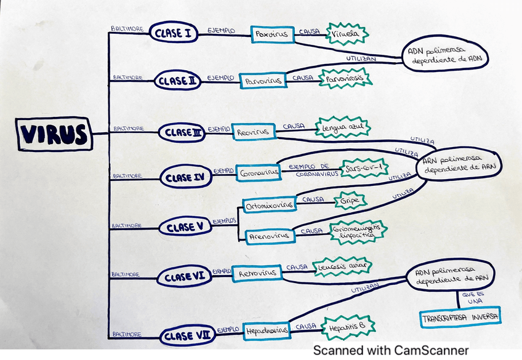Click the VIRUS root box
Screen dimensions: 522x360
pos(55,134)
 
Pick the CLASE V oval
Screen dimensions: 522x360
pos(184,227)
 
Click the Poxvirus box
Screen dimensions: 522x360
pos(271,34)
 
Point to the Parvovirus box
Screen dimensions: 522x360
pos(263,81)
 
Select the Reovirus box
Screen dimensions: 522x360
pos(252,132)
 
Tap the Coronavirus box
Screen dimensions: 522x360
pos(259,172)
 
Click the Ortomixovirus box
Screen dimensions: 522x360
pos(270,205)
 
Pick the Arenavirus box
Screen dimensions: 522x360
pos(269,235)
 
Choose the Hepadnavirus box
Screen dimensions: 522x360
pos(267,330)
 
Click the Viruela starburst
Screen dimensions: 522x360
pos(347,34)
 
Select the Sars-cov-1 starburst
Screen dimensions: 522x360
pos(366,167)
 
